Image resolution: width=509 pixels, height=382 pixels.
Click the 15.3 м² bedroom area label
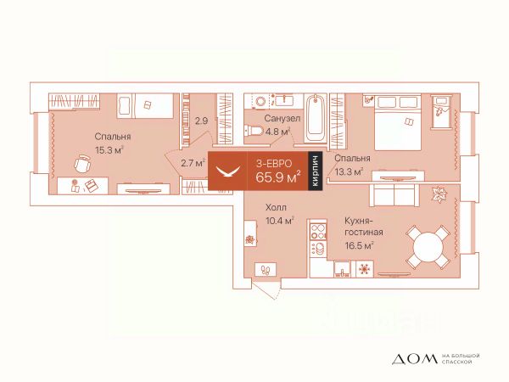point(109,151)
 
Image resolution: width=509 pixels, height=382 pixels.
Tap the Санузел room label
point(282,118)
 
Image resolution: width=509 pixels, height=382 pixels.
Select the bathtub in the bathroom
point(316,118)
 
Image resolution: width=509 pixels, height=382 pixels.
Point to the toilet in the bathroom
point(255,131)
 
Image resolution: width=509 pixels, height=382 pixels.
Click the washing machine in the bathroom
point(260,101)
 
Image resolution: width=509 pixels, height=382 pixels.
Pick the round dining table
point(428,246)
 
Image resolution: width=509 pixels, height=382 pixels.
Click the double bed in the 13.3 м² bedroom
point(398,122)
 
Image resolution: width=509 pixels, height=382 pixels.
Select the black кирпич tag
point(315,171)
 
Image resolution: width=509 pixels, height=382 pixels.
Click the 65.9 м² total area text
point(277,177)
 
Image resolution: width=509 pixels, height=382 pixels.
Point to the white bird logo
point(228,171)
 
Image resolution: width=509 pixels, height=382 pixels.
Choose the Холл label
point(276,207)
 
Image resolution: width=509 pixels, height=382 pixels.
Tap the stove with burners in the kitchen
point(318,231)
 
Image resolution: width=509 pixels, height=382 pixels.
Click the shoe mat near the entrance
point(266,270)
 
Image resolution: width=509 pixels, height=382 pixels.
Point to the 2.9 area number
point(201,121)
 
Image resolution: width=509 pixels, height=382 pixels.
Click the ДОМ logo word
point(415,358)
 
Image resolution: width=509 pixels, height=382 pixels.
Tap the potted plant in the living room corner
point(439,195)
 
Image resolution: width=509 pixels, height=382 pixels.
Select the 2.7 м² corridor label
point(193,163)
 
